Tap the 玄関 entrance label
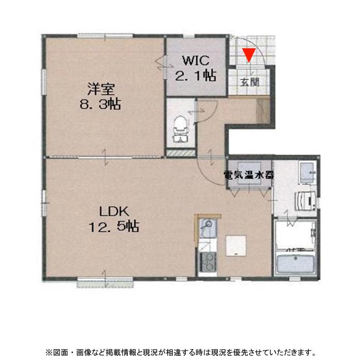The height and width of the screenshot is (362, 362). tap(249, 82)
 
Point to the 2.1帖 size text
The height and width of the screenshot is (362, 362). tap(195, 76)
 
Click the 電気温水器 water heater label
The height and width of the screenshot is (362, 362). tap(249, 175)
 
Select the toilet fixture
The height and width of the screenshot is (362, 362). tap(179, 127)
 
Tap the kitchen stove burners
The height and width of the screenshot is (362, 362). tap(207, 262)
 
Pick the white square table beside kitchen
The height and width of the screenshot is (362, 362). tap(236, 245)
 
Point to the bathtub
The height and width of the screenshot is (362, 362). tap(295, 264)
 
